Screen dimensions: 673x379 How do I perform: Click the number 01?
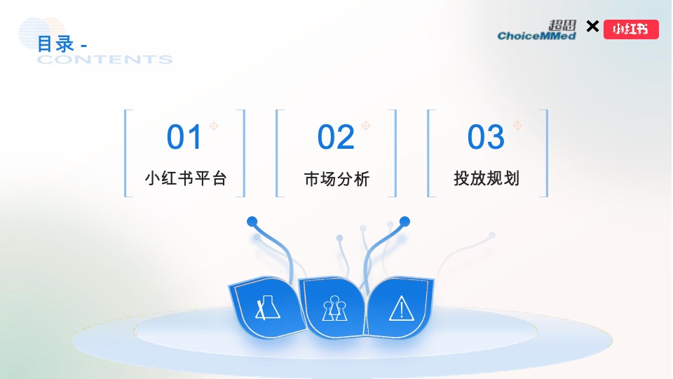pos(184,137)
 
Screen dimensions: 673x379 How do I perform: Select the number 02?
pos(336,137)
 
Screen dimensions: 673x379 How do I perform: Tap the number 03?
pos(486,137)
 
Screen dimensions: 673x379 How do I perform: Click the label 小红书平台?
pos(186,178)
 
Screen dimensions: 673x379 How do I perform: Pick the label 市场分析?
pos(337,179)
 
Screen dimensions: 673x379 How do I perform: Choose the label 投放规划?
pos(487,178)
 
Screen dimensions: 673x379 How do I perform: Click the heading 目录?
pos(56,44)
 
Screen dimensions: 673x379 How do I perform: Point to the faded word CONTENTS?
pos(104,59)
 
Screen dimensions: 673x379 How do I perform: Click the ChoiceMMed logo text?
pos(536,36)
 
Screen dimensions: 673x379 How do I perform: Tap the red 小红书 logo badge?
pos(631,29)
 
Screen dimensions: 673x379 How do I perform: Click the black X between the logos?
pos(592,27)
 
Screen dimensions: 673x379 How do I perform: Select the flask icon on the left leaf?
pos(267,307)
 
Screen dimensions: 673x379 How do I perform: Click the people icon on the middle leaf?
pos(335,308)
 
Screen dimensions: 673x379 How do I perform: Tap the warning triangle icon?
pos(401,308)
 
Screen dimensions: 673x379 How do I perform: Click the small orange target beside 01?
pos(214,126)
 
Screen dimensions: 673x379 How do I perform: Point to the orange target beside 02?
pos(366,126)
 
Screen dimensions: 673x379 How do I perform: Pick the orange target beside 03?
pos(517,125)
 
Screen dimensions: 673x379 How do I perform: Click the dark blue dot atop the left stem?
pos(252,222)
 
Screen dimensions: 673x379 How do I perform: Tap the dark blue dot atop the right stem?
pos(405,222)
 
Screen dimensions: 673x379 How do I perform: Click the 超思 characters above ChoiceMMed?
pos(562,25)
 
